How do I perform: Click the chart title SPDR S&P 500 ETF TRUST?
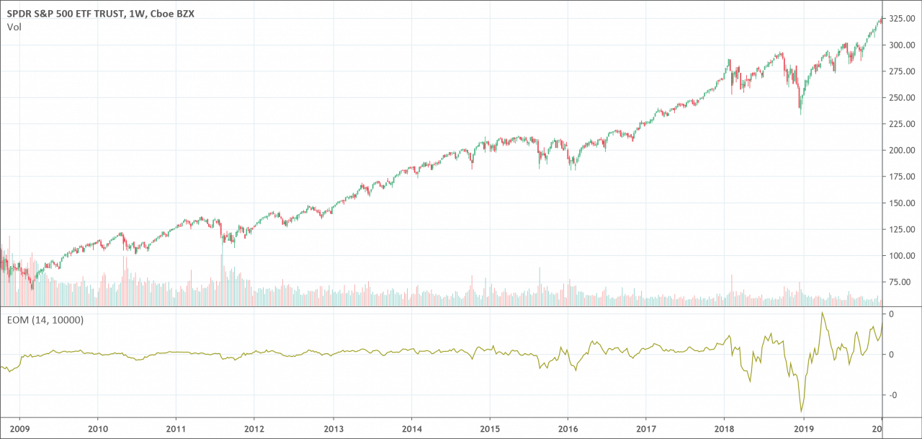(65, 14)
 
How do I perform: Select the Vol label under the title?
(14, 27)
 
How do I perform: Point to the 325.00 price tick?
(902, 19)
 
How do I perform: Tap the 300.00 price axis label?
(902, 45)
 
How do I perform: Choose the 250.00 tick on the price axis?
(902, 97)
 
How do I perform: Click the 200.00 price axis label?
(902, 151)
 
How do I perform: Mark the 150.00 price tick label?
(902, 203)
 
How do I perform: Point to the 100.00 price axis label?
(902, 256)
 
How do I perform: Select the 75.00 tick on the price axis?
(904, 282)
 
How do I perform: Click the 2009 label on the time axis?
(19, 429)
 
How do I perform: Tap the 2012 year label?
(254, 429)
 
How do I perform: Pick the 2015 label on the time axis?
(490, 429)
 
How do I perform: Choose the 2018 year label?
(725, 429)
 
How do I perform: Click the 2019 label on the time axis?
(803, 429)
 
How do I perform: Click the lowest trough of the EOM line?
(801, 412)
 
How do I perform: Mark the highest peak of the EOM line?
(822, 313)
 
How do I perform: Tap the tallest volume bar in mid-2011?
(221, 280)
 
